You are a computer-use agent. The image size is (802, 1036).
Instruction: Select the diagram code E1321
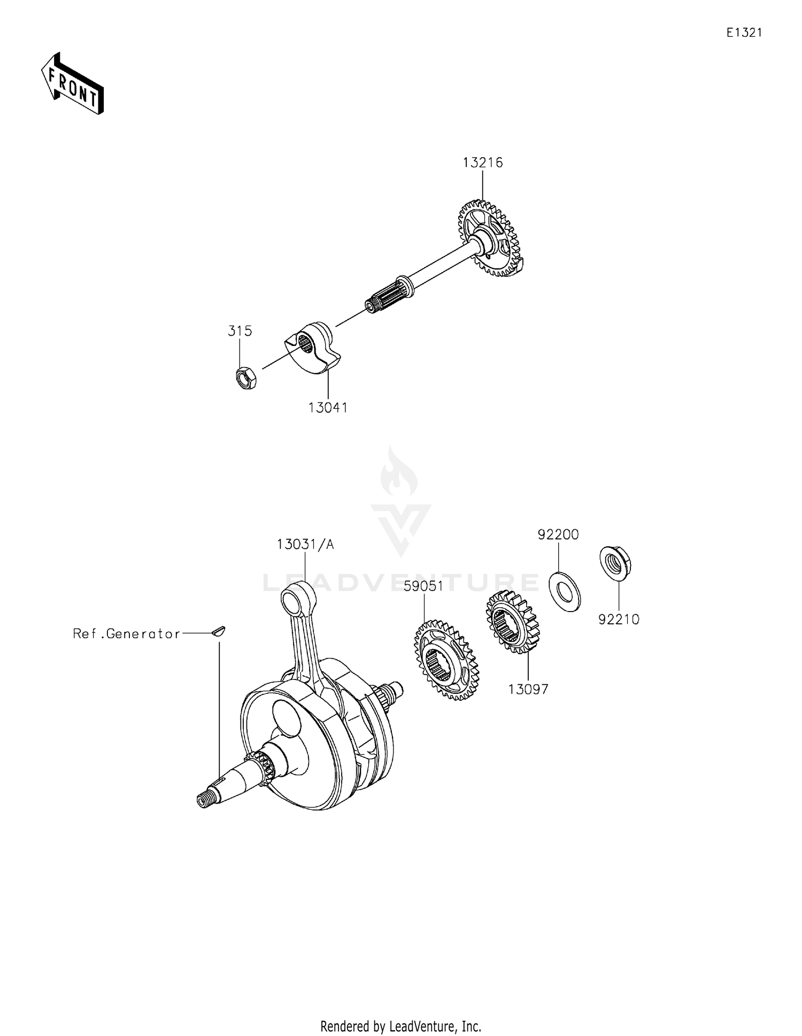tap(744, 33)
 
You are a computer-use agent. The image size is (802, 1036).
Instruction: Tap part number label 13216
tap(483, 163)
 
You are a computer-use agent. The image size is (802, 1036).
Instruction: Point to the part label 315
tap(240, 331)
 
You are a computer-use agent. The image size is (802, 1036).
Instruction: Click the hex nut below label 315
tap(246, 377)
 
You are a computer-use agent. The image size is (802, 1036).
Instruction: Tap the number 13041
tap(328, 408)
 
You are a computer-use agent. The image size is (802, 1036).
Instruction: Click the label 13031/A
tap(305, 544)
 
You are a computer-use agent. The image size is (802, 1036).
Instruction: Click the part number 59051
tap(423, 586)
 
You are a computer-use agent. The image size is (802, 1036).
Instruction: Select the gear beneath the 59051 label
tap(446, 660)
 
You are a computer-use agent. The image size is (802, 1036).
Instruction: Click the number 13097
tap(528, 690)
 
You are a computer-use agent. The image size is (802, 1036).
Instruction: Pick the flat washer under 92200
tap(565, 591)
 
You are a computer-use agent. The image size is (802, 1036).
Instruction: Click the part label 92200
tap(558, 535)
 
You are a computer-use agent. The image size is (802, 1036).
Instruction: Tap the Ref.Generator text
tap(127, 634)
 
